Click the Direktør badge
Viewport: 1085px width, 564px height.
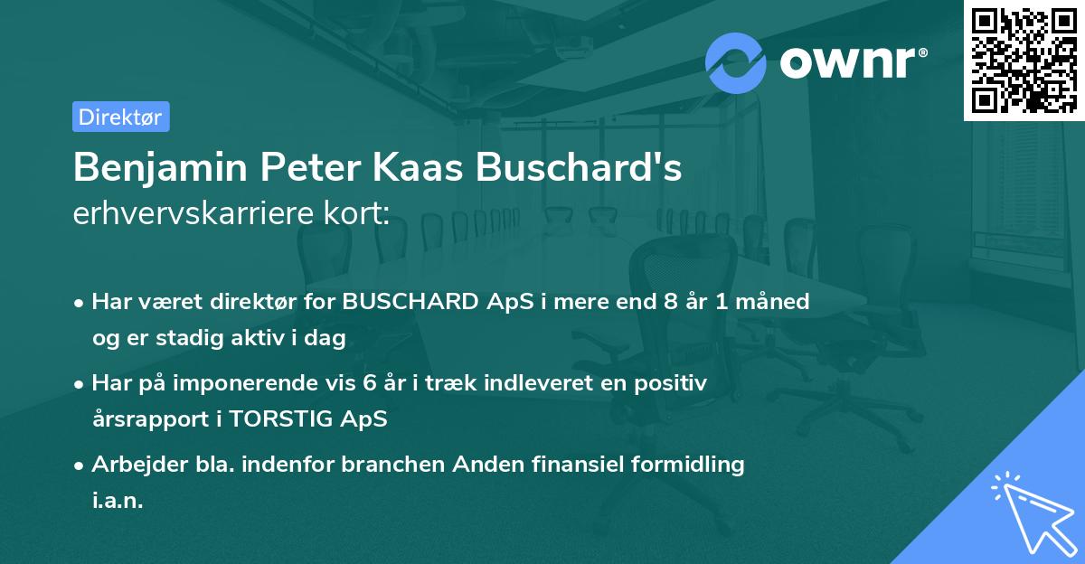[120, 117]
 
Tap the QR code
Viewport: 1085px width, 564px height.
[1024, 61]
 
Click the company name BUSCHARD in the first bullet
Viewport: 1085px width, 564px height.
[408, 302]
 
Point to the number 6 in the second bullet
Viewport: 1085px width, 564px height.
[370, 383]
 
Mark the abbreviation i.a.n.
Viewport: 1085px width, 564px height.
[118, 501]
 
